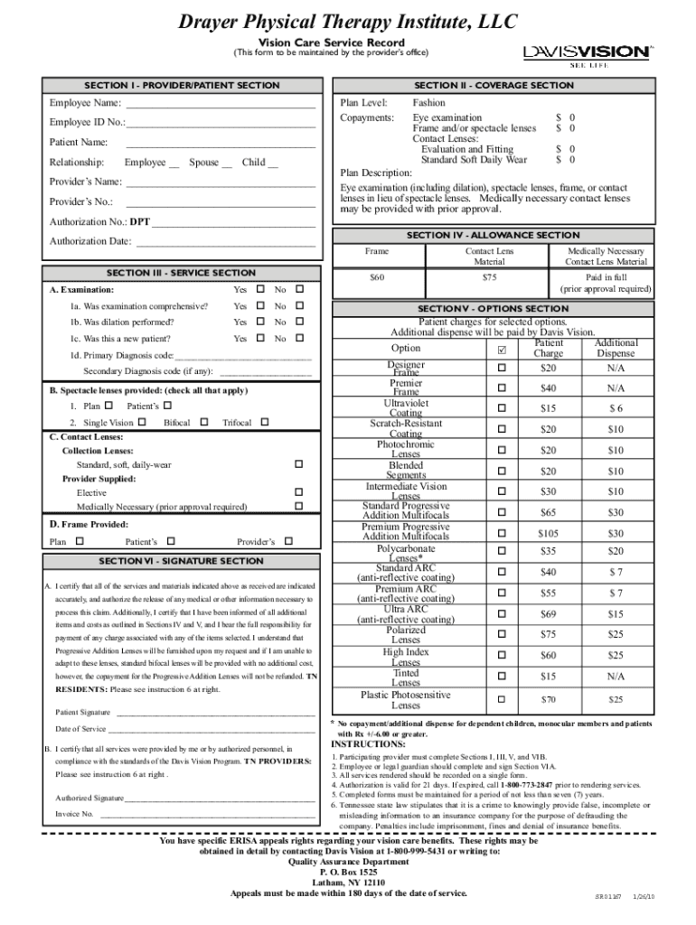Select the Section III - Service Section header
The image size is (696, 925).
click(181, 273)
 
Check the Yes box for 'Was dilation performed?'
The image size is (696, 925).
click(260, 322)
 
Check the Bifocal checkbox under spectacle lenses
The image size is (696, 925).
click(203, 423)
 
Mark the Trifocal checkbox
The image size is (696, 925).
click(264, 423)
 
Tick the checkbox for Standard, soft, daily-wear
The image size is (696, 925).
click(299, 464)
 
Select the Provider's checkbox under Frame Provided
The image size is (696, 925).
click(288, 541)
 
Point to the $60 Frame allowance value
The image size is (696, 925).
click(377, 277)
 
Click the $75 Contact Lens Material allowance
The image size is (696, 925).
click(490, 277)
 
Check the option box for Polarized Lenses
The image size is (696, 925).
click(503, 634)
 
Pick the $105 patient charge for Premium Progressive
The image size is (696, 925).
click(548, 534)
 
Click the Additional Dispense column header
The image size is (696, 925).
click(616, 348)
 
